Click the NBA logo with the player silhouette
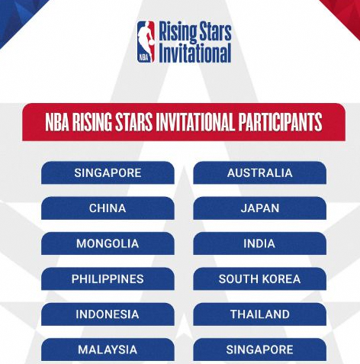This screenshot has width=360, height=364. coord(146,42)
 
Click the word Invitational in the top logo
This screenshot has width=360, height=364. coord(195,53)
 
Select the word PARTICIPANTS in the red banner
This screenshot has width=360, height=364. coord(280,122)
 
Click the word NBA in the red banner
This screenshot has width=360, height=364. coord(57,122)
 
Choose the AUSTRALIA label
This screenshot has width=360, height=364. coord(260,173)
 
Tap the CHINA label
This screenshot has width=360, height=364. coord(108,208)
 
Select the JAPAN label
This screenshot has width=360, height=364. coord(260,208)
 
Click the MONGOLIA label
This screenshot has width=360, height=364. coord(108,243)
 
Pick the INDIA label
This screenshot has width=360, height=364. coord(259,243)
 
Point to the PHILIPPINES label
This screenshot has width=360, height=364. coord(108,279)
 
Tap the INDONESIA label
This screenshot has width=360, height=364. coord(108,314)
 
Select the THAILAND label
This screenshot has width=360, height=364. coord(260,314)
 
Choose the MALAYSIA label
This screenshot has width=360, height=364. coord(108,350)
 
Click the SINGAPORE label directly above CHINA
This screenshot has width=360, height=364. coord(108,173)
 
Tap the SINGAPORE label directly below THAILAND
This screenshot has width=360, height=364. coord(259,350)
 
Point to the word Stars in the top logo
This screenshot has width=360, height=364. coord(215,31)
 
